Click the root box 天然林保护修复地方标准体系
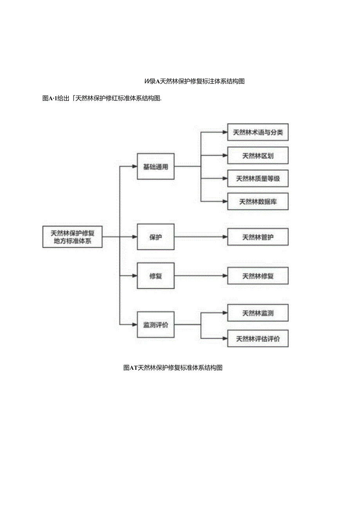72,237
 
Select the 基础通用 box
155,167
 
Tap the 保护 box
155,237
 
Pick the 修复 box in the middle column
155,276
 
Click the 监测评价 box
155,325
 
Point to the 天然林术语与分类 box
258,132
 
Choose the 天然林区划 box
258,155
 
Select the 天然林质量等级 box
258,178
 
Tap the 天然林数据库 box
258,201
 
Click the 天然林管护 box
258,237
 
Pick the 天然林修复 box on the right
258,276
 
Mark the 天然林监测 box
258,313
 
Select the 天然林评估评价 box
258,338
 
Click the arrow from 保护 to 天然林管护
200,237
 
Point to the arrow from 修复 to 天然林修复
200,276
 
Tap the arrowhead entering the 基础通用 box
134,167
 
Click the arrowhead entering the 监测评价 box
134,325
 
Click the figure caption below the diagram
173,368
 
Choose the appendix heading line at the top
194,81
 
